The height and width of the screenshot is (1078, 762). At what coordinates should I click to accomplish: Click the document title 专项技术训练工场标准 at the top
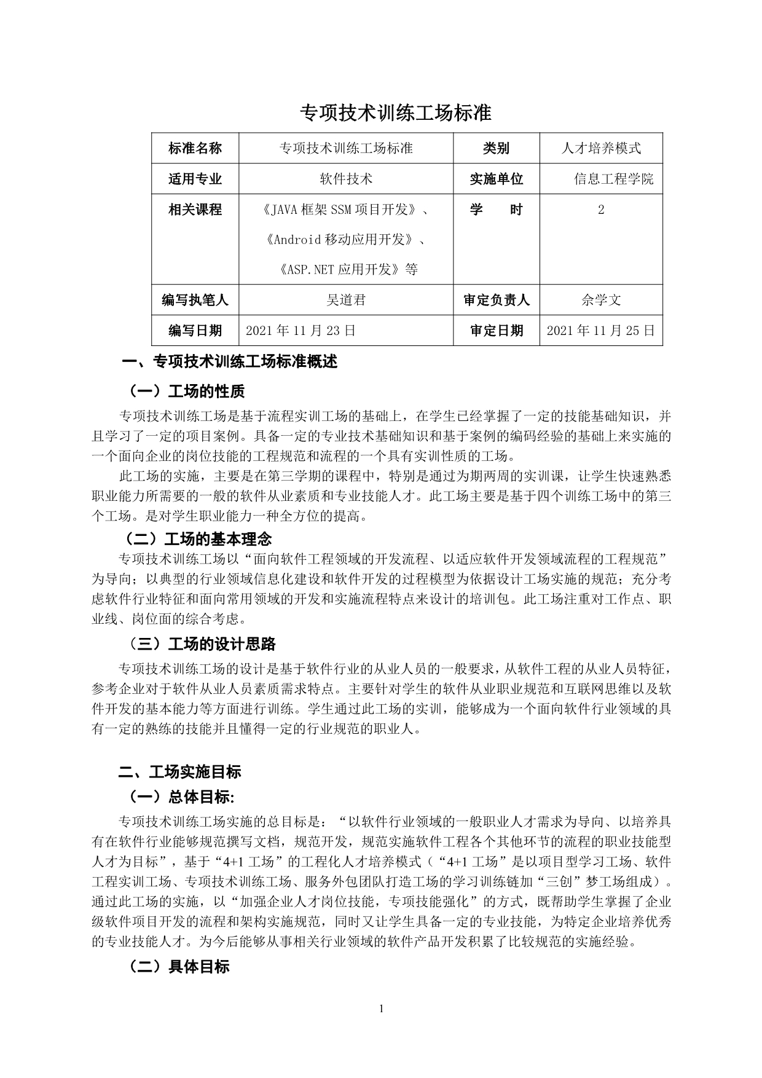click(x=395, y=113)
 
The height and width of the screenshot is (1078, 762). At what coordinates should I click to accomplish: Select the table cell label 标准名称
click(x=195, y=148)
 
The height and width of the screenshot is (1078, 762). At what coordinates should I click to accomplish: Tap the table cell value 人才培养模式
click(x=600, y=148)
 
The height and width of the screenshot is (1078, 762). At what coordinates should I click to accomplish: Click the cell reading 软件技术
click(x=346, y=179)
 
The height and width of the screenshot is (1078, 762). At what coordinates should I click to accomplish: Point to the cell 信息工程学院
click(x=613, y=179)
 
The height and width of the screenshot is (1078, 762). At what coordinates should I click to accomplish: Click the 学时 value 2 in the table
click(x=600, y=210)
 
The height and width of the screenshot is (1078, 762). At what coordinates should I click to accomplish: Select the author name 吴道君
click(x=346, y=300)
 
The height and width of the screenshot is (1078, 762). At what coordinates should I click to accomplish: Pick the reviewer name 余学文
click(x=600, y=300)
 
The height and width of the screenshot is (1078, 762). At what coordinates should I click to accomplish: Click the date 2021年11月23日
click(x=300, y=331)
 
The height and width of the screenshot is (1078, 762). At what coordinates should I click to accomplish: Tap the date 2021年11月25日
click(x=600, y=331)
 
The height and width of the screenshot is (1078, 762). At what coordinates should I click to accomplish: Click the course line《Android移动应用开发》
click(x=346, y=239)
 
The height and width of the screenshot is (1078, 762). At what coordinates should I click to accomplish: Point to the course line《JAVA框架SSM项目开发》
click(x=346, y=210)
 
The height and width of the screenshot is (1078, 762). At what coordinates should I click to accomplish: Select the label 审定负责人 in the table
click(x=496, y=300)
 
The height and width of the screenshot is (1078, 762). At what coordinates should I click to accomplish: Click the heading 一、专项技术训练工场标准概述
click(x=229, y=361)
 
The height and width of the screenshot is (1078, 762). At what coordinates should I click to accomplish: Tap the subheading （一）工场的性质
click(x=186, y=391)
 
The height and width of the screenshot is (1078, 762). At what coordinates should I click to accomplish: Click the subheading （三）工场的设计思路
click(x=201, y=644)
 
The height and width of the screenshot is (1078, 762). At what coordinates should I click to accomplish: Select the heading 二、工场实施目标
click(x=179, y=772)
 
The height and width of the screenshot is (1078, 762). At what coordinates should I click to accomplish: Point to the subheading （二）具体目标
click(x=178, y=966)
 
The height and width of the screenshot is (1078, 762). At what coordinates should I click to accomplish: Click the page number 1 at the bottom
click(x=382, y=1008)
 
